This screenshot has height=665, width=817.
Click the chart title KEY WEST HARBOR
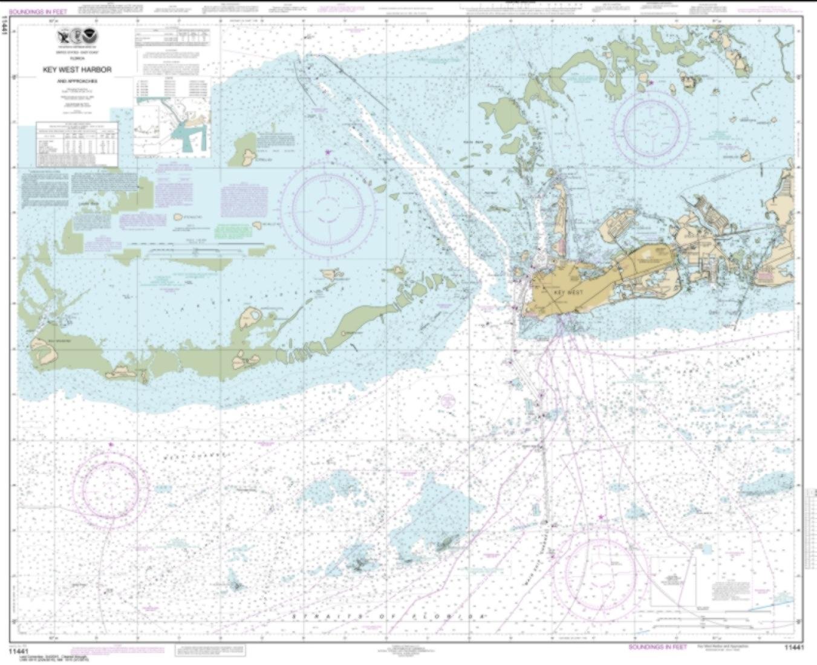pos(77,70)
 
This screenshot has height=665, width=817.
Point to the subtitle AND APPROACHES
pos(77,80)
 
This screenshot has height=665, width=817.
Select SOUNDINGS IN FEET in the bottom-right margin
pos(657,647)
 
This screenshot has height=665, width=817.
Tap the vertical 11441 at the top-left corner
pos(5,24)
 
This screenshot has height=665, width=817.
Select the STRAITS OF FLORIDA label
pos(389,616)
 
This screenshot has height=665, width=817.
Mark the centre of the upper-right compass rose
pos(651,127)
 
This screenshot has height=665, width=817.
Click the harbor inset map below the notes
pos(172,128)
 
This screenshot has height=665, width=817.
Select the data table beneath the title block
pos(77,145)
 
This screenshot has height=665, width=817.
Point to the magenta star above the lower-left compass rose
pos(111,444)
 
